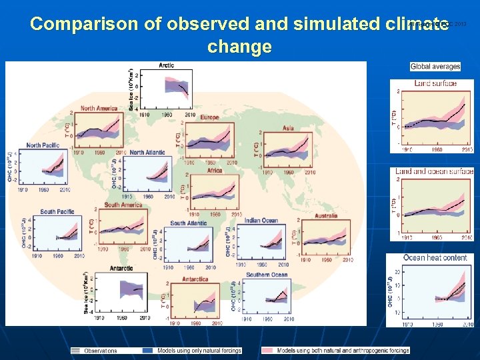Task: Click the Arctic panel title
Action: (x=167, y=65)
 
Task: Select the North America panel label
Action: (x=99, y=108)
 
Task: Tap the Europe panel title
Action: (x=209, y=117)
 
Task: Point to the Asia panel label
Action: (x=288, y=128)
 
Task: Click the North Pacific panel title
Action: (x=43, y=145)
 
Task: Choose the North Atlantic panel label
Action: (x=147, y=153)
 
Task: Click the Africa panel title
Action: (x=215, y=171)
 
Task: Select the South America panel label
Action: (x=123, y=205)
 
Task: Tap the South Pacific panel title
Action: (x=57, y=211)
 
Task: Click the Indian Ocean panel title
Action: (x=261, y=221)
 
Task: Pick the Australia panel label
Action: (x=326, y=216)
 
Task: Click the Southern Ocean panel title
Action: (x=267, y=275)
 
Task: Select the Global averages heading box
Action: (x=435, y=67)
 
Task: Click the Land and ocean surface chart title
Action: (x=434, y=171)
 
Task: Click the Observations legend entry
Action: (x=100, y=351)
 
